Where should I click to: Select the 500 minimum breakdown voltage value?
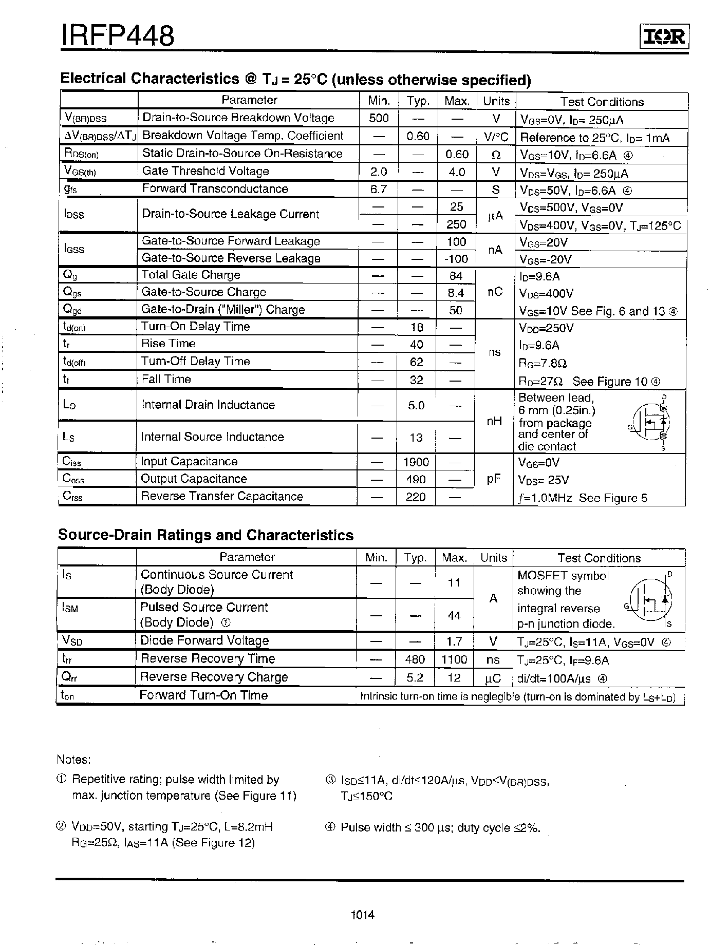click(379, 118)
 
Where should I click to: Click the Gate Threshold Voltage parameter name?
click(205, 172)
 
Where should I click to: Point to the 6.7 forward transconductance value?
click(379, 189)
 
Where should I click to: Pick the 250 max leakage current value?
click(456, 224)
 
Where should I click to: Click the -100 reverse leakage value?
click(456, 258)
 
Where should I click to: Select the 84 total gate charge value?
click(456, 276)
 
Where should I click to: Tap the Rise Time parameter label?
click(169, 344)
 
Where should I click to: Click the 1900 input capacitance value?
click(416, 462)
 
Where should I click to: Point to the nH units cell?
click(494, 422)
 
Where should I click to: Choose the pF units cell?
click(494, 479)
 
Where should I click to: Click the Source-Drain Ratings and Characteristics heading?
click(206, 535)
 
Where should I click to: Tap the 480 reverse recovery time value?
click(415, 659)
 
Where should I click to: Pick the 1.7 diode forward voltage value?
click(455, 641)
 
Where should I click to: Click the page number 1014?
click(363, 915)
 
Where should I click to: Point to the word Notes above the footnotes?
click(74, 760)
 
